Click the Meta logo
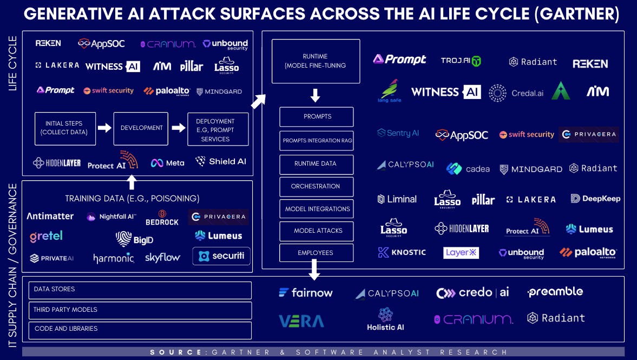(x=167, y=162)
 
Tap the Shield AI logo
(x=220, y=161)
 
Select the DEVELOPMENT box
(x=141, y=128)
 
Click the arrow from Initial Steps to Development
(x=104, y=128)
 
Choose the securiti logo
(x=221, y=256)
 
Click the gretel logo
(x=46, y=236)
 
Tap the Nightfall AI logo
(x=111, y=217)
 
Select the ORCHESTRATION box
(x=316, y=186)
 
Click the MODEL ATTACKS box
(x=316, y=231)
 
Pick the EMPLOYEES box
(x=316, y=253)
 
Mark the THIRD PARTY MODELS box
(x=140, y=310)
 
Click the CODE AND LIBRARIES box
(x=140, y=329)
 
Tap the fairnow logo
(x=306, y=293)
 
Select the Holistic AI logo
(x=385, y=319)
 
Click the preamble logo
(x=555, y=292)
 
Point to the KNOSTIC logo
(x=402, y=252)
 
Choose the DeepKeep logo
(x=595, y=199)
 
